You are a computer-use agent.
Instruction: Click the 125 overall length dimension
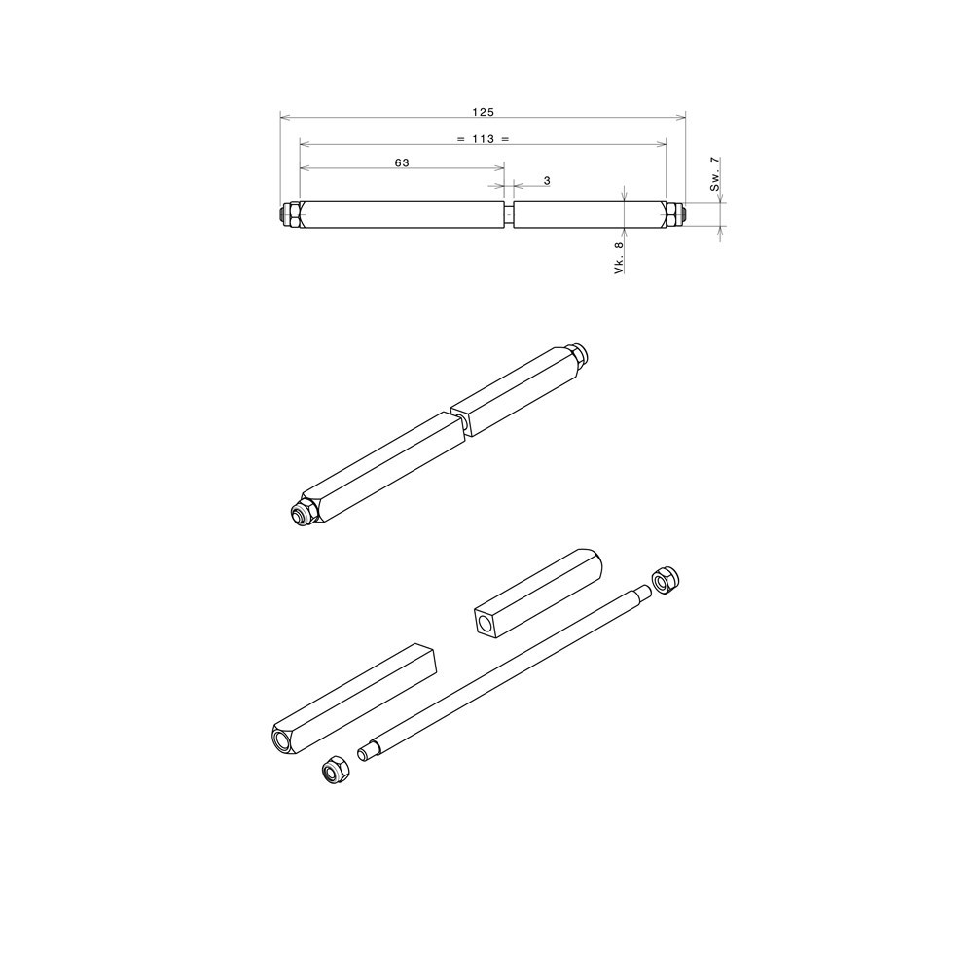(483, 112)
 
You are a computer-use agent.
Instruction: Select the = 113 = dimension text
(483, 139)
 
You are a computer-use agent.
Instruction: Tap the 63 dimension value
(401, 163)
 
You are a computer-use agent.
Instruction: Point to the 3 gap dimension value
(547, 181)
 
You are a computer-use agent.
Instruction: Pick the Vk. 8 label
(619, 260)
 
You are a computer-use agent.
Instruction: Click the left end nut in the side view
(289, 214)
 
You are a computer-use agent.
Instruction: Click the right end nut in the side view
(674, 214)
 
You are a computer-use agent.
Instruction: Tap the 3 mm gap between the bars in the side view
(509, 214)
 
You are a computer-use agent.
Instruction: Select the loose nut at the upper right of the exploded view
(666, 581)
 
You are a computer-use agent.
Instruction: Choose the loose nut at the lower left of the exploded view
(334, 771)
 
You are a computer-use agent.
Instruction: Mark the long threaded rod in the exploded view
(506, 671)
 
